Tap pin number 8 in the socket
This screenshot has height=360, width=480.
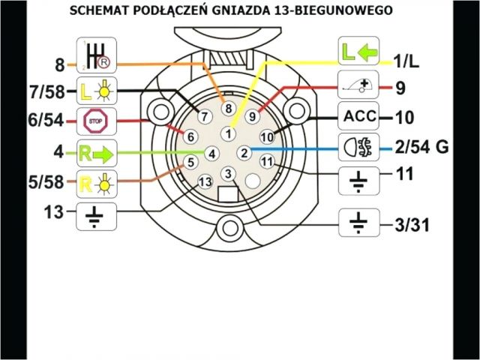tap(229, 109)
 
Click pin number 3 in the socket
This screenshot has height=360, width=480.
tap(228, 175)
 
